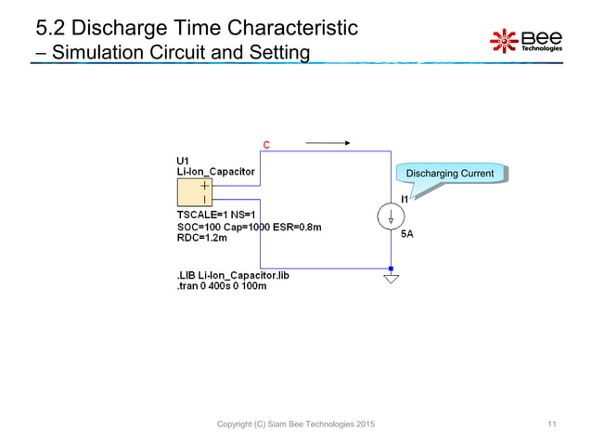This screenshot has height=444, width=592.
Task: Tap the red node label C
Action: [x=266, y=145]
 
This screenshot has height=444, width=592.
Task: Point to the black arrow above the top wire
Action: [x=328, y=143]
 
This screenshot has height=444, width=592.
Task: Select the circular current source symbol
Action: [x=391, y=216]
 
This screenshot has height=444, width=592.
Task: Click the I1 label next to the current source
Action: [x=405, y=199]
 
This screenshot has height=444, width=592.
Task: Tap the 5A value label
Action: [x=406, y=234]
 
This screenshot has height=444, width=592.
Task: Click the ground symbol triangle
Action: [x=391, y=277]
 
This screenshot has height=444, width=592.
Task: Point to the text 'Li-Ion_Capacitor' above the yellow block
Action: [x=216, y=171]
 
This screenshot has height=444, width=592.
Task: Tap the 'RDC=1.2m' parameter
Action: [x=202, y=238]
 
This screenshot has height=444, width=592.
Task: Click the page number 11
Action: [x=552, y=424]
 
